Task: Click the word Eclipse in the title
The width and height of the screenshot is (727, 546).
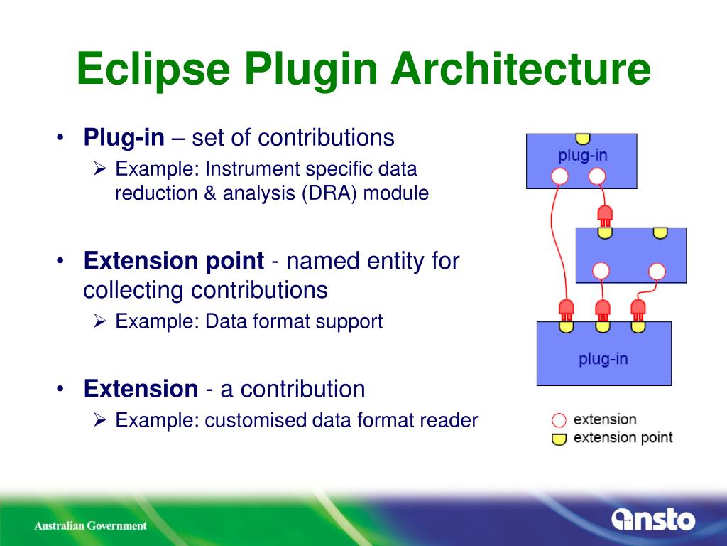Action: click(x=153, y=70)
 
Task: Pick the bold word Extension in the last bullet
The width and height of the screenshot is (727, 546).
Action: click(x=141, y=389)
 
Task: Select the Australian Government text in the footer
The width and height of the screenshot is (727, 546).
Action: click(x=91, y=526)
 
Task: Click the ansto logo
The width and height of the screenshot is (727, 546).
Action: click(x=653, y=520)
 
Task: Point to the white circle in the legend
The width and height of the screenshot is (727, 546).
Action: click(x=559, y=420)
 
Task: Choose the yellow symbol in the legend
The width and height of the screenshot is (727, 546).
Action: click(x=559, y=439)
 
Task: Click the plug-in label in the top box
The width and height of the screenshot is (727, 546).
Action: click(x=582, y=154)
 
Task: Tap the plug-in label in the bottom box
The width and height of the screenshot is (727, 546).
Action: click(x=603, y=358)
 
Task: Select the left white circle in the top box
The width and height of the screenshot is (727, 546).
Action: click(x=560, y=176)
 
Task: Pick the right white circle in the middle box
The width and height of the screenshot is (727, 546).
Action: click(x=657, y=271)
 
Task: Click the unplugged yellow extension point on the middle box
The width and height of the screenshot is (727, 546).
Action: click(x=660, y=232)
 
